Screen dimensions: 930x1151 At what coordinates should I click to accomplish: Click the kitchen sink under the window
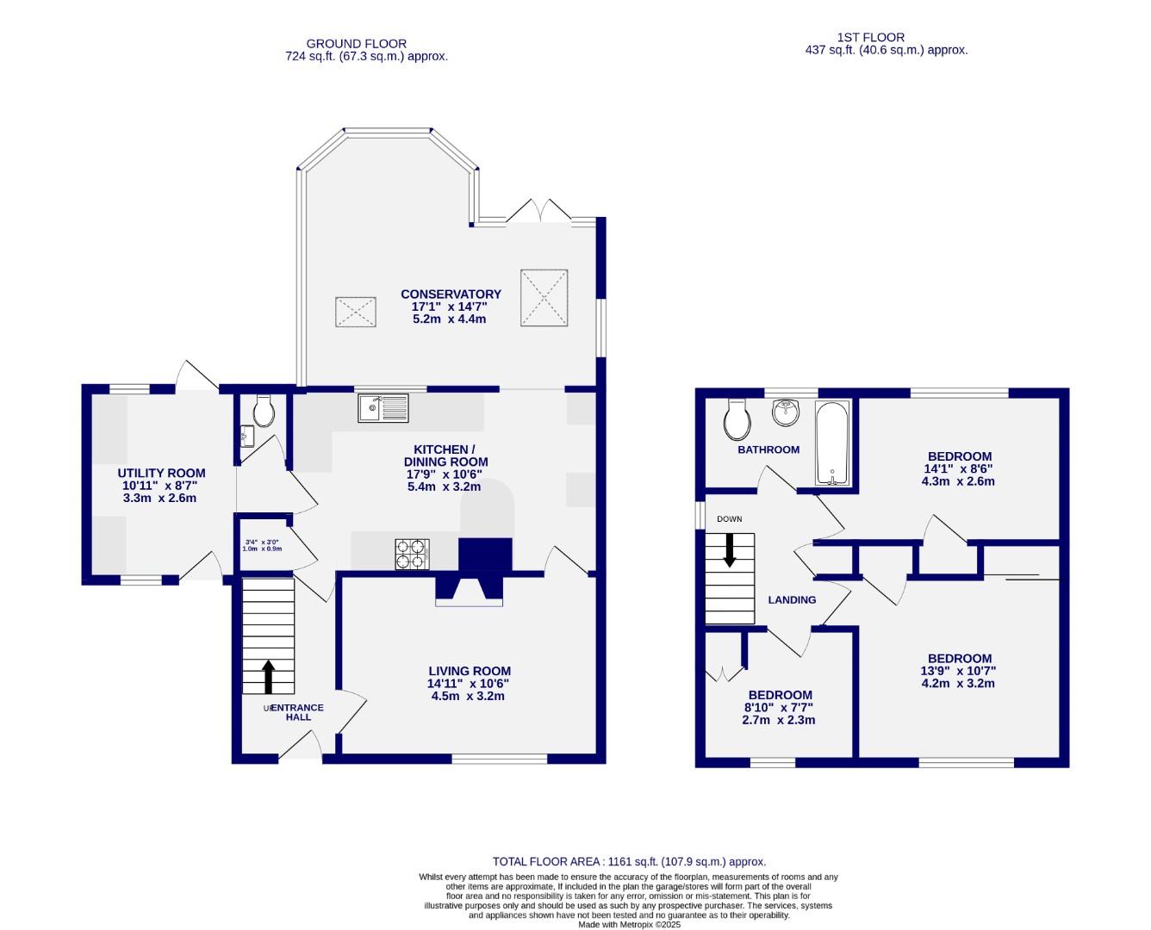[x=384, y=407]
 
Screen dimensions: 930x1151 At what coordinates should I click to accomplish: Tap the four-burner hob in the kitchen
[x=412, y=554]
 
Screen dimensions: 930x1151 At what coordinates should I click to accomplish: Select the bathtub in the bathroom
[x=833, y=443]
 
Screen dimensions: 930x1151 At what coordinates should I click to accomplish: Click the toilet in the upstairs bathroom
[x=737, y=420]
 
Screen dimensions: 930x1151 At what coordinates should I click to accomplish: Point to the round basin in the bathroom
[x=786, y=414]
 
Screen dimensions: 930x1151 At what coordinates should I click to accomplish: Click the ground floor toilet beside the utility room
[x=263, y=412]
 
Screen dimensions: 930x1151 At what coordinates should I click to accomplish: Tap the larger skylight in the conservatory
[x=544, y=298]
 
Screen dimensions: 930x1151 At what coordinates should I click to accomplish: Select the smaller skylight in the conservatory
[x=356, y=312]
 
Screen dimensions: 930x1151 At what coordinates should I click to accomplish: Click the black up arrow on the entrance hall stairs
[x=268, y=677]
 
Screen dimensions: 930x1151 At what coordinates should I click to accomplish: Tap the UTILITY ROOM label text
[x=161, y=473]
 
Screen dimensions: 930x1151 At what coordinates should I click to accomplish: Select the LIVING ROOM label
[x=470, y=671]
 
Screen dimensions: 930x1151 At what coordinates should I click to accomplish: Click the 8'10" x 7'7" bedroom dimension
[x=779, y=708]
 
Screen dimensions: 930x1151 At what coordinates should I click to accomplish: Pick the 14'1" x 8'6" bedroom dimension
[x=958, y=469]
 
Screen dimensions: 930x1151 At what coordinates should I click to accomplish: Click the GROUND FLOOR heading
[x=356, y=44]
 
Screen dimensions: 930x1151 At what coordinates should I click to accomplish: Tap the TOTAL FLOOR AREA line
[x=628, y=861]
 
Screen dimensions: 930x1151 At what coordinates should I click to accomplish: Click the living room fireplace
[x=469, y=589]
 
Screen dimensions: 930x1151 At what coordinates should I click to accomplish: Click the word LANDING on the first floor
[x=792, y=600]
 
